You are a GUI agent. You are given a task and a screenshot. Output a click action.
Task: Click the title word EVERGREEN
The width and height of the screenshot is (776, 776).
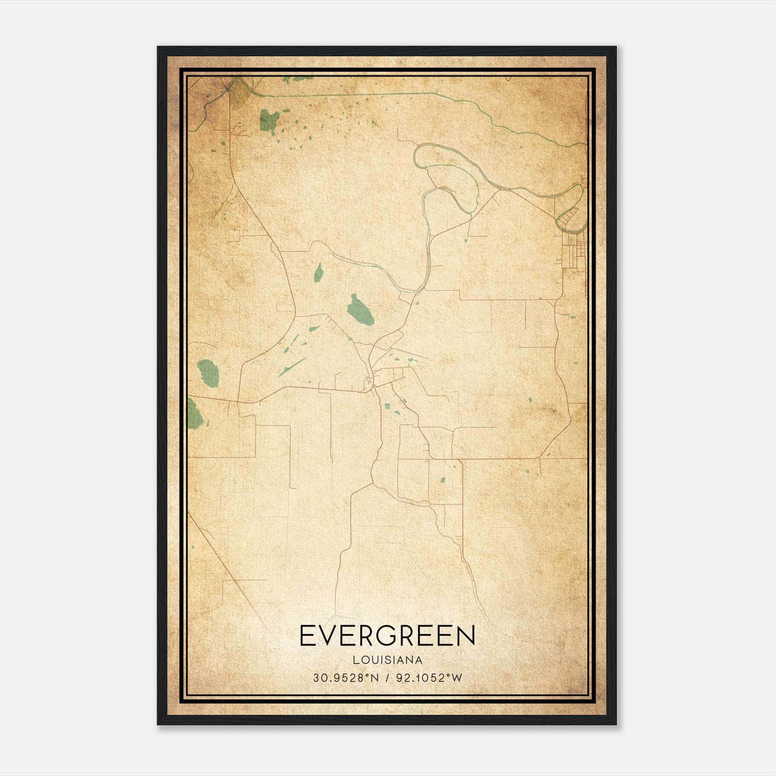point(388,636)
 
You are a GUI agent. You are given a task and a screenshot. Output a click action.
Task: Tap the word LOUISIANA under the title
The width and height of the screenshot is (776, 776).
point(388,660)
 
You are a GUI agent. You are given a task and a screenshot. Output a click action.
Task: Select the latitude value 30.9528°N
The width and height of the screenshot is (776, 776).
point(345,678)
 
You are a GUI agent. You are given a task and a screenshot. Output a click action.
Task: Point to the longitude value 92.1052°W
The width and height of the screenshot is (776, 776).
point(429,678)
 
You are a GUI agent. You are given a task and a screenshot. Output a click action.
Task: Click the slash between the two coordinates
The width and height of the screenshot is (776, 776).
point(388,678)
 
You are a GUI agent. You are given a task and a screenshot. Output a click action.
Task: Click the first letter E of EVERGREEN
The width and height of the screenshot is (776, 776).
point(306,636)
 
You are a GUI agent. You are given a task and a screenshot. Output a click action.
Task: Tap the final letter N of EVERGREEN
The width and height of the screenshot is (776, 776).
point(466,636)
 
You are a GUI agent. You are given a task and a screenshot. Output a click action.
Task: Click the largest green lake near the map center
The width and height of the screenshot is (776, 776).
point(360,310)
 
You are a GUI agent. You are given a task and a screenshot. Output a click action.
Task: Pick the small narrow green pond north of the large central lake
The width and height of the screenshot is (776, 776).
point(318,273)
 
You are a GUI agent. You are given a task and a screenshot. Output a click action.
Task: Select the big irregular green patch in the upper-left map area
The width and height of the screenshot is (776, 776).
point(270,120)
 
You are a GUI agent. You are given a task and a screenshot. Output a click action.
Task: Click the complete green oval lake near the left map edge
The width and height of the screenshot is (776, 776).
point(209,372)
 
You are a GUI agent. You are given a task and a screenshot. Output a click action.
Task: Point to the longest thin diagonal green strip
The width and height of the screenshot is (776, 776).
point(292,367)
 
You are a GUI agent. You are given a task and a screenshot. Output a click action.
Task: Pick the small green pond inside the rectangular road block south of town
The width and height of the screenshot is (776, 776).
point(442,480)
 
